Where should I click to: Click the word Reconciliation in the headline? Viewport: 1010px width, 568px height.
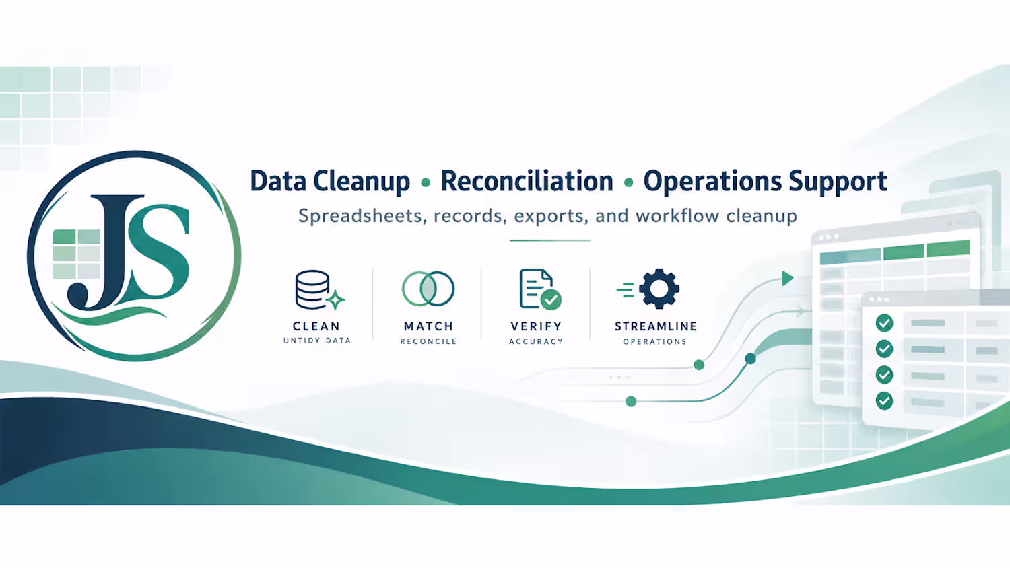(x=527, y=181)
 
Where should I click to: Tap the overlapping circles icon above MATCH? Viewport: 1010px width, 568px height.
(x=428, y=289)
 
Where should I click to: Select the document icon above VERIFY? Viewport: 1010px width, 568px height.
(x=540, y=289)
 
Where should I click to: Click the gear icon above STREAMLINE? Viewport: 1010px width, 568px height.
(x=659, y=289)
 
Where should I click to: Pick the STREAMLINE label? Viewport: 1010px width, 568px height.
(x=656, y=326)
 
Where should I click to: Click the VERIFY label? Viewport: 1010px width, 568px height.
(x=536, y=326)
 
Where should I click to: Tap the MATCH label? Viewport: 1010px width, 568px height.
(x=428, y=326)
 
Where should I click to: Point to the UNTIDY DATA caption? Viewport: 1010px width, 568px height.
(x=317, y=341)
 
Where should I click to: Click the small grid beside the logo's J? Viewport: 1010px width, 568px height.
(x=77, y=254)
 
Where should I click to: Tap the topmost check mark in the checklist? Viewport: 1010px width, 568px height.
(x=884, y=323)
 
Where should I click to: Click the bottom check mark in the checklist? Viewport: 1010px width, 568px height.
(x=884, y=400)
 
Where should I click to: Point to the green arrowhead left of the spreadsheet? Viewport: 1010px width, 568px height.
(x=787, y=279)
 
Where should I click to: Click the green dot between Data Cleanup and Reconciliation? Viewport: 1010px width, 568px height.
(x=425, y=182)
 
